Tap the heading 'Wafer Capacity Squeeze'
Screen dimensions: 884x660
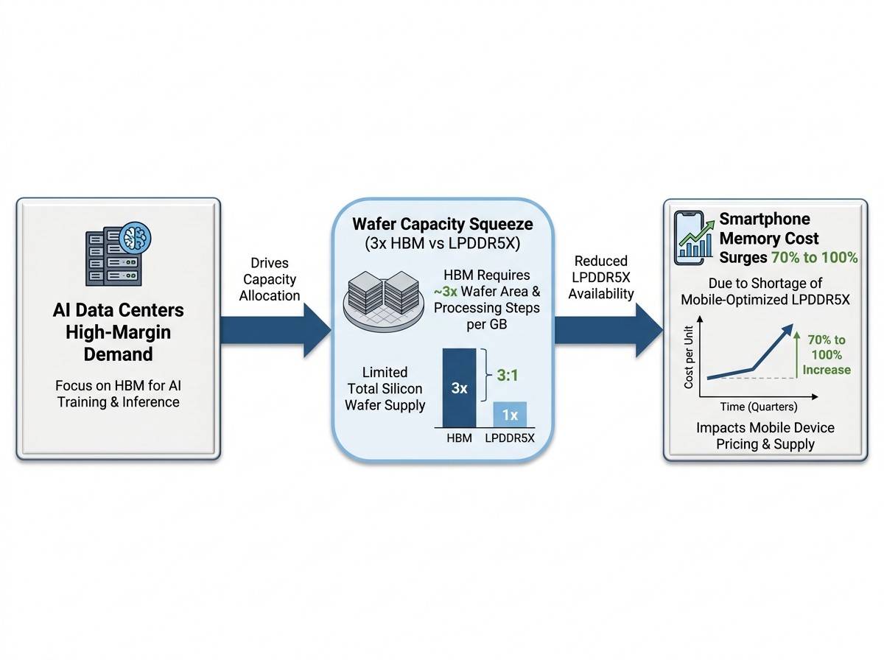tap(442, 224)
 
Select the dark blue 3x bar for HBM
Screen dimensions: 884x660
tap(459, 387)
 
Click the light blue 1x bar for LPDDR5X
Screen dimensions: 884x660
tap(510, 415)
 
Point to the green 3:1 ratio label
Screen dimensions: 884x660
tap(507, 376)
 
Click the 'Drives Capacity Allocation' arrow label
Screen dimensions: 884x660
tap(270, 279)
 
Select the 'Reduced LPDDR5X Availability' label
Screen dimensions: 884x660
tap(601, 277)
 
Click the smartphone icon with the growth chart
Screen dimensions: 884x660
tap(693, 238)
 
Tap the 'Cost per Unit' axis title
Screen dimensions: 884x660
tap(688, 357)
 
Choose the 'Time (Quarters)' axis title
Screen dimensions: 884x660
tap(759, 407)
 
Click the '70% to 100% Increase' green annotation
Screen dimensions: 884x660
tap(827, 355)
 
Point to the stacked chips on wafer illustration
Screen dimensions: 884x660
tap(383, 301)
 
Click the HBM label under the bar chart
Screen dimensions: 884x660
tap(459, 438)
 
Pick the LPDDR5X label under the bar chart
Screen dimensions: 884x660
tap(510, 438)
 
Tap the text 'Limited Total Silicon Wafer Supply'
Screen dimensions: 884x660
tap(385, 388)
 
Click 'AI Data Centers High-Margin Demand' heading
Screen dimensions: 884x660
tap(119, 331)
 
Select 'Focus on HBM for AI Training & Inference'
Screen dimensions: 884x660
tap(119, 393)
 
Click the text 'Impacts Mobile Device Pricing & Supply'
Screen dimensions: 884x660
tap(765, 435)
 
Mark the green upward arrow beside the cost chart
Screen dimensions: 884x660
tap(796, 355)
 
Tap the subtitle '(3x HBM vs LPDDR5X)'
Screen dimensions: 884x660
tap(442, 243)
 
